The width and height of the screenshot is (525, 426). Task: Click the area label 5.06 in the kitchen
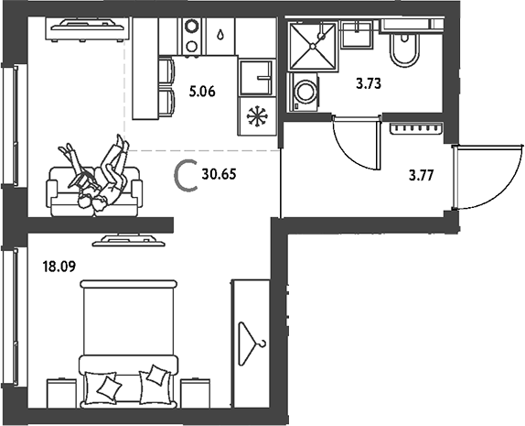(202, 92)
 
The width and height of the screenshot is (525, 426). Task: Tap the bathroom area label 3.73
(369, 83)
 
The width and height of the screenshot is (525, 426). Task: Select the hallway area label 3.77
(422, 175)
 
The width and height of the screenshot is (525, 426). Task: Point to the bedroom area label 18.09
(59, 267)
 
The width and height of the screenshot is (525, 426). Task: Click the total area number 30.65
(219, 174)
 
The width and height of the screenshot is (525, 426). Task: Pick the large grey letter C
(185, 176)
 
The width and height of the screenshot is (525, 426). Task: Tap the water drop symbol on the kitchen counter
(220, 35)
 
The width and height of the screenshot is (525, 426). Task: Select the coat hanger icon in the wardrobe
(252, 344)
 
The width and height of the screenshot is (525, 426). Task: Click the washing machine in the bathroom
(304, 93)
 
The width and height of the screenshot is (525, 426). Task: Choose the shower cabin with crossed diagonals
(312, 46)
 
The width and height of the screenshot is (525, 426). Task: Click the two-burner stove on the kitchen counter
(192, 36)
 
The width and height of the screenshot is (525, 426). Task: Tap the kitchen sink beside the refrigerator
(256, 78)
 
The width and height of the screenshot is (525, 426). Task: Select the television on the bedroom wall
(129, 241)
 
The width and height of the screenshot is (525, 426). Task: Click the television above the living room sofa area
(87, 29)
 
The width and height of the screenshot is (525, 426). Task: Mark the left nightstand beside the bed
(62, 393)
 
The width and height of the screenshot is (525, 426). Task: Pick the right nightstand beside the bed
(195, 393)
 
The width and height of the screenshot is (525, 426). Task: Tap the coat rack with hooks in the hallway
(417, 129)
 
